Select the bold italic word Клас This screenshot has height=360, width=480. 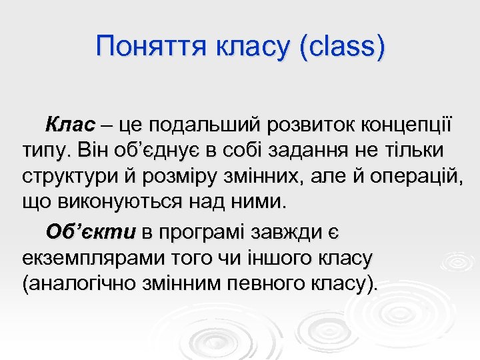(x=71, y=125)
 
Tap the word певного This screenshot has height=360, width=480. (x=266, y=285)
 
